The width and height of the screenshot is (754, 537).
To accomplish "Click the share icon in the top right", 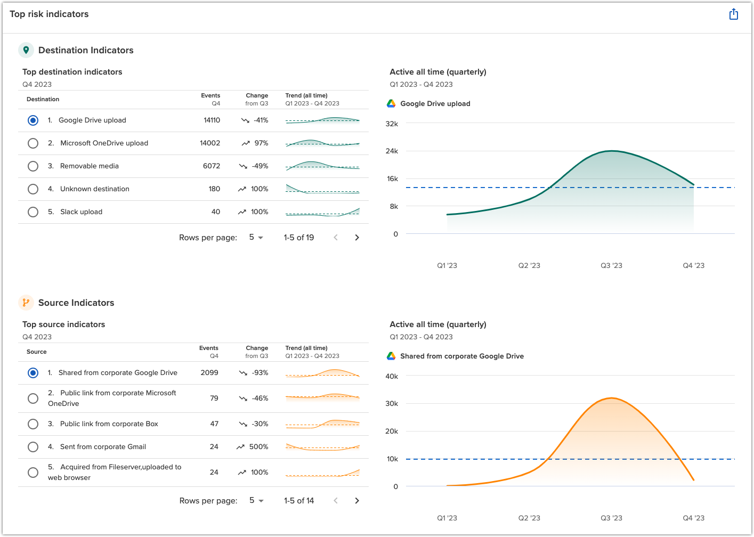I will point(733,14).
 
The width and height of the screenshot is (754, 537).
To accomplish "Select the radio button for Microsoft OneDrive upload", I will point(33,143).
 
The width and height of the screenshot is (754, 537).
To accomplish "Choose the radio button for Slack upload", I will point(33,212).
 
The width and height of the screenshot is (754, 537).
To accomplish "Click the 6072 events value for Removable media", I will point(211,166).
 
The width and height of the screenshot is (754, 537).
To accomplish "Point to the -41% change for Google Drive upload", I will point(261,120).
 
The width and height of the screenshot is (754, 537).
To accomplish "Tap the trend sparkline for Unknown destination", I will point(322,189).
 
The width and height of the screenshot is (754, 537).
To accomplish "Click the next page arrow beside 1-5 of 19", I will point(357,238).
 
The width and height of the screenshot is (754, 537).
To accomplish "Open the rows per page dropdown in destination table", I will point(256,238).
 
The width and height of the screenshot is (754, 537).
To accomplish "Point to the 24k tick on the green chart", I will point(392,151).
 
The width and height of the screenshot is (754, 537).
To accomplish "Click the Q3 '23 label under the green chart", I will point(611,265).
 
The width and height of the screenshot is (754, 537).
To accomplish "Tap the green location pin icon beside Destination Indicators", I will point(26,50).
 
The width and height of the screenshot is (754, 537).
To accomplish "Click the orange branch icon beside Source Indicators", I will point(26,303).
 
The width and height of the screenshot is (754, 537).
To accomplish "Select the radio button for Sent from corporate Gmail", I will point(33,447).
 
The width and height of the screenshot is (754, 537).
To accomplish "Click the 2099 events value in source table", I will point(209,373).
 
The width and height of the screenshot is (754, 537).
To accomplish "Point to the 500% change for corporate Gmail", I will point(258,447).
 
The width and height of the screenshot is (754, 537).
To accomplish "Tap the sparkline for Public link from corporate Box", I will point(322,424).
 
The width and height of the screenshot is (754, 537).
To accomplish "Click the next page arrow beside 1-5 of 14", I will point(357,501).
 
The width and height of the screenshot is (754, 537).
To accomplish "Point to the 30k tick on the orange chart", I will point(392,404).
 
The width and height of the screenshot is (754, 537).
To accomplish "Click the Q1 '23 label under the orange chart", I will point(447,518).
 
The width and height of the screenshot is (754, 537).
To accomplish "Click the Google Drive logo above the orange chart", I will point(391,356).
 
